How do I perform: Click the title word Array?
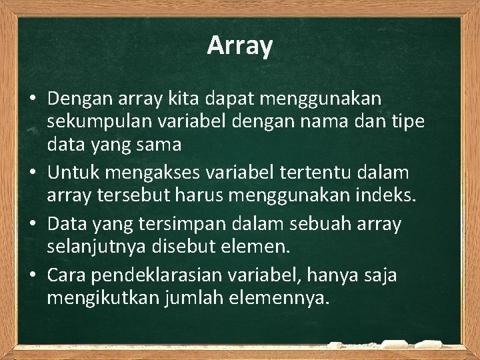coord(240,46)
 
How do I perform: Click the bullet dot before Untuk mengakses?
coord(32,174)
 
